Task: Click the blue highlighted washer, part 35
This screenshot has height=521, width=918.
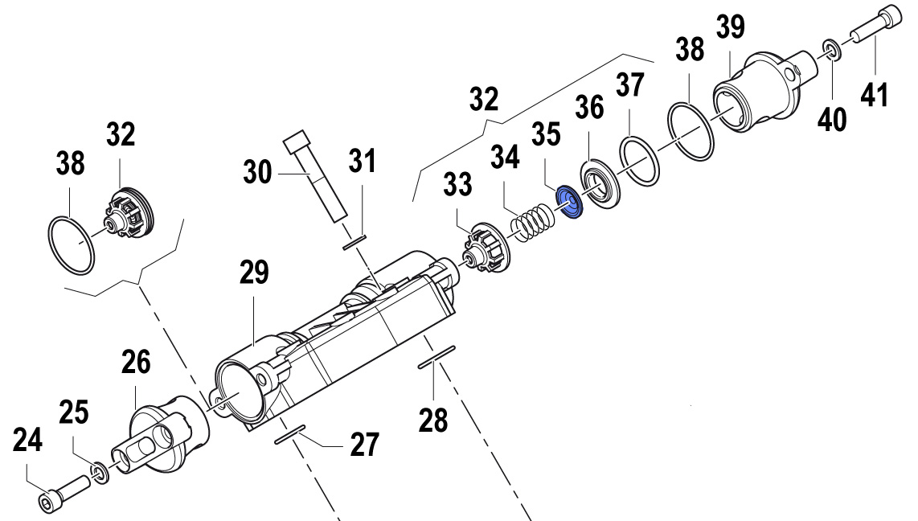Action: click(x=569, y=201)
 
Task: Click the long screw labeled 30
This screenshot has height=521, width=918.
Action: click(x=316, y=177)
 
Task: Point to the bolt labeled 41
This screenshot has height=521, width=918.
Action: click(x=869, y=32)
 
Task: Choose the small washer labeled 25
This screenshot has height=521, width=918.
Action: click(x=99, y=471)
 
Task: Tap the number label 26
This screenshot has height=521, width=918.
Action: click(x=136, y=363)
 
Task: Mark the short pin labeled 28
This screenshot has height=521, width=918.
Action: click(x=436, y=358)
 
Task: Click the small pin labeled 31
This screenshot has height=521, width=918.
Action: click(x=354, y=241)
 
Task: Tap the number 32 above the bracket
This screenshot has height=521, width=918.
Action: click(x=484, y=100)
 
